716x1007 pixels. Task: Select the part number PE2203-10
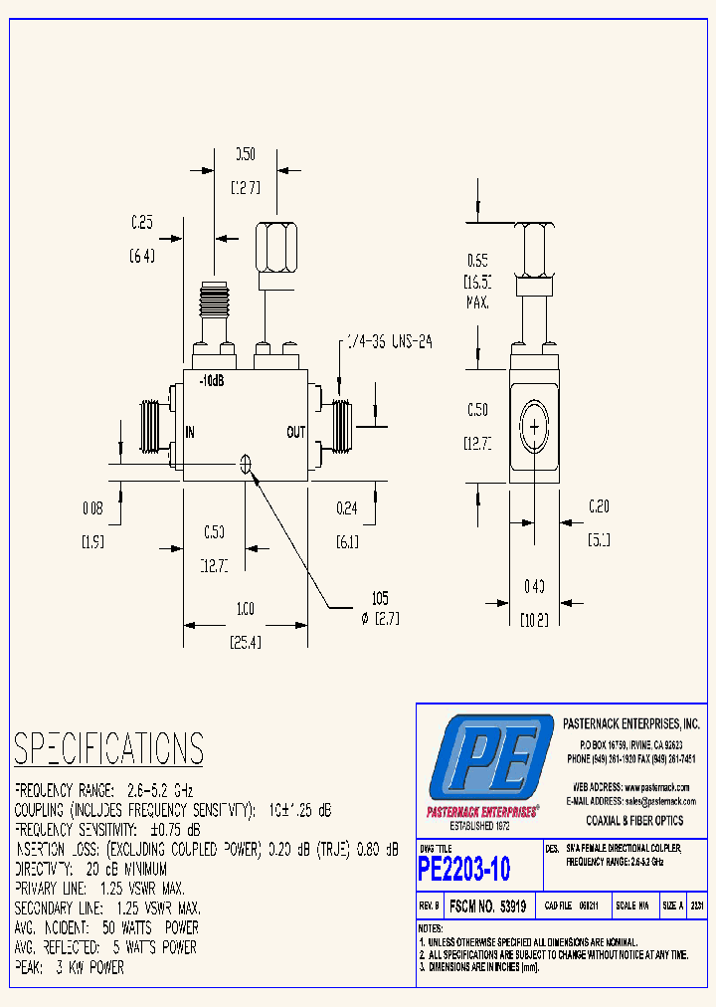point(464,870)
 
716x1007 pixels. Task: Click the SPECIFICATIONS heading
point(108,747)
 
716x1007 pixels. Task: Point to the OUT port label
point(296,432)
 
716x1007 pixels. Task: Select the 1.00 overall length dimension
point(244,609)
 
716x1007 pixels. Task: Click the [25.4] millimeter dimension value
point(244,643)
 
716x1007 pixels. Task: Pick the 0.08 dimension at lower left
point(91,508)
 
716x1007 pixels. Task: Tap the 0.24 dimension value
point(346,508)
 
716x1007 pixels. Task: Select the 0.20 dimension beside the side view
point(598,506)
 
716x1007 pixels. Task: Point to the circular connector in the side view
point(534,428)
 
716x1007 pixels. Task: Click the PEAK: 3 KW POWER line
point(70,967)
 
